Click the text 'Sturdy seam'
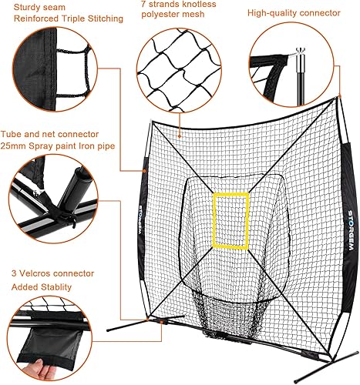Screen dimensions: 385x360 pos(27,7)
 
